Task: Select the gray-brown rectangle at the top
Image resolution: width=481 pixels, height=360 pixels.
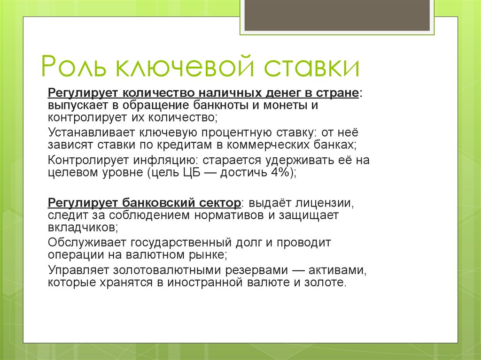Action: (x=337, y=15)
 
